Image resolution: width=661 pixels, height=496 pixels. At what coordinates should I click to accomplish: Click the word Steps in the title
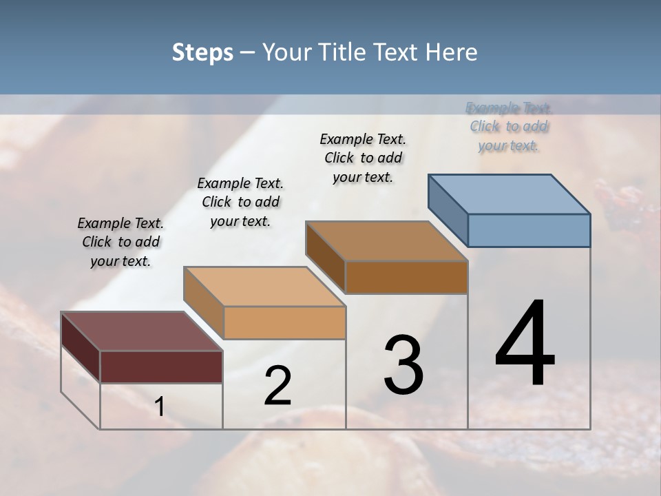[202, 52]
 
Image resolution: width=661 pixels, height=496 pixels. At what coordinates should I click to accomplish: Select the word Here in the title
[452, 52]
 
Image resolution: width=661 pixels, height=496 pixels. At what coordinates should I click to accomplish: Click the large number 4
[525, 344]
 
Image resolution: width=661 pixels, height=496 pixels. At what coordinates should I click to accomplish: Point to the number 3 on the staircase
[403, 365]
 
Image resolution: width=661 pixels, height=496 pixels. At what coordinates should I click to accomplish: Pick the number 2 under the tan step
[277, 386]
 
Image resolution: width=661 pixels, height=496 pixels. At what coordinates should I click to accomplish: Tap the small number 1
[159, 407]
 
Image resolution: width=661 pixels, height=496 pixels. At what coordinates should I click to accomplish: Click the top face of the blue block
[510, 194]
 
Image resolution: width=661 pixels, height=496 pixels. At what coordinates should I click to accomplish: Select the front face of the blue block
[529, 230]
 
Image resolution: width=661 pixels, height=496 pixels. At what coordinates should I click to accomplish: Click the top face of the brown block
[386, 241]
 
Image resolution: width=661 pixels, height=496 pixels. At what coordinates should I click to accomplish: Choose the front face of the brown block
[406, 277]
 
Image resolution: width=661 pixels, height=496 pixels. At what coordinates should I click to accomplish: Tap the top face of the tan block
[264, 287]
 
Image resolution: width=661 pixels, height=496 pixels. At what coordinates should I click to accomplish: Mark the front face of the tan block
[284, 322]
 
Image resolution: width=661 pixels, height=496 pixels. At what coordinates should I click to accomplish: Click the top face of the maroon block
[142, 331]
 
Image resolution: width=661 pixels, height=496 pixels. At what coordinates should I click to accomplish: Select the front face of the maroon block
[161, 366]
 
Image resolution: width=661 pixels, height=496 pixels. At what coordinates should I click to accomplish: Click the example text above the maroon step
[120, 242]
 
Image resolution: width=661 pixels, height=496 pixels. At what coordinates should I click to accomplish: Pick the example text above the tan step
[240, 202]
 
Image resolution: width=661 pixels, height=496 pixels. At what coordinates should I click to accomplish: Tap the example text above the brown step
[363, 158]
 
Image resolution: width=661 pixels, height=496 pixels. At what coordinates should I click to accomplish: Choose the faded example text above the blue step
[509, 127]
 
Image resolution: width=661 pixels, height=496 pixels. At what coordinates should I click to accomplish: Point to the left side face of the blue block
[448, 209]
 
